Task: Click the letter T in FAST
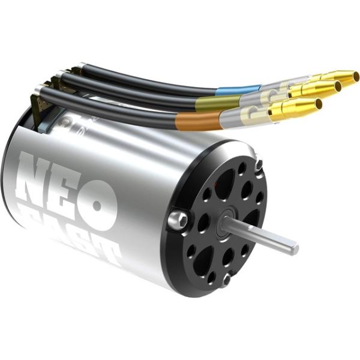click(x=110, y=252)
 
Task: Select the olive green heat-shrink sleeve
click(x=210, y=104)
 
